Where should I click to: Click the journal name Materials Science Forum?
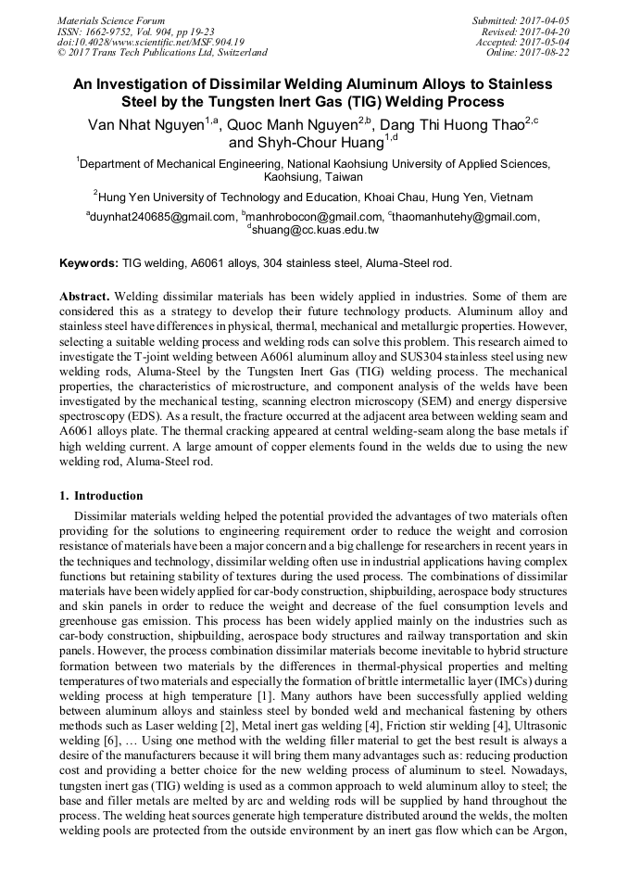point(111,20)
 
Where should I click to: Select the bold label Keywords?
point(88,263)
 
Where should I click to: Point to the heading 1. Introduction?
point(101,496)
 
